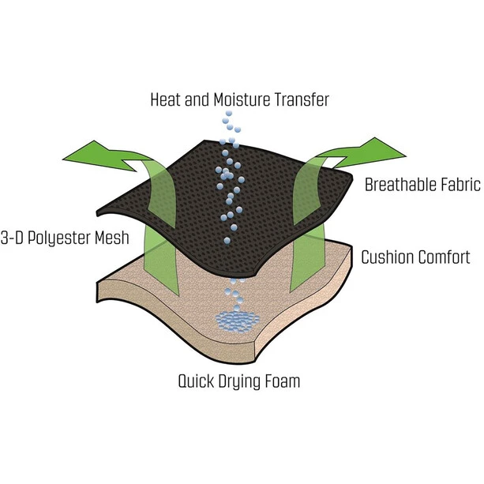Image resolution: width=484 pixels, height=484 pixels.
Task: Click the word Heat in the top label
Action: [167, 100]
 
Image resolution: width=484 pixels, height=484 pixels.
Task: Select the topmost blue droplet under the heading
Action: [228, 114]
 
